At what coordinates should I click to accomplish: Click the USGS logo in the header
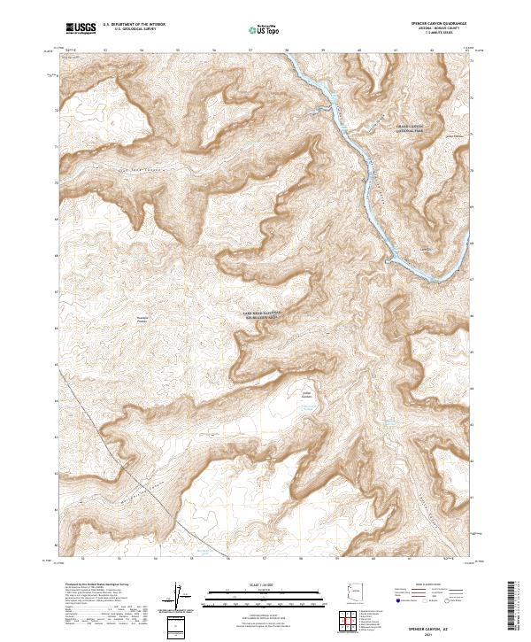click(81, 28)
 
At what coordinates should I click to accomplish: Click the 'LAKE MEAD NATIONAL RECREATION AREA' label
click(263, 315)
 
